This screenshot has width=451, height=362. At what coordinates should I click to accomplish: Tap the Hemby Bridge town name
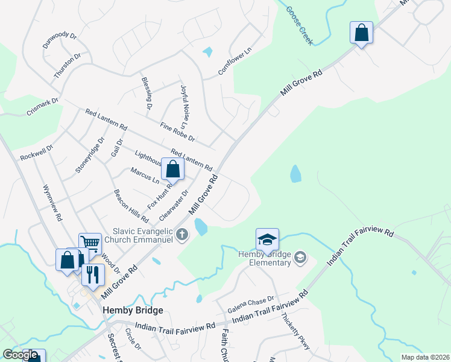coord(133,310)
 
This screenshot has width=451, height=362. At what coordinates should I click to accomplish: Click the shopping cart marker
coord(90,244)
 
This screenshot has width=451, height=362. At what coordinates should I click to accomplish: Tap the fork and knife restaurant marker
coord(93,275)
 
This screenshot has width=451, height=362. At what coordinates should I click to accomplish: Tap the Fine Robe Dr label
coord(177,131)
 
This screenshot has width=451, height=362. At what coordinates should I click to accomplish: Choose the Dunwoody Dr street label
coord(60,40)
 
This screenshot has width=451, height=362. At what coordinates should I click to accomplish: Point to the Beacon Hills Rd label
coord(131,206)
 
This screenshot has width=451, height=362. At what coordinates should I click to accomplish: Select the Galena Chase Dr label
coord(250,305)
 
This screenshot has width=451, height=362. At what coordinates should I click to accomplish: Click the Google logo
coord(20,355)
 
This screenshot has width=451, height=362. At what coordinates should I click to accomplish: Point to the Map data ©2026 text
coord(426,357)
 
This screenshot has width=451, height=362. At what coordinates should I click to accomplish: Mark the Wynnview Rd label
coord(52,203)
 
